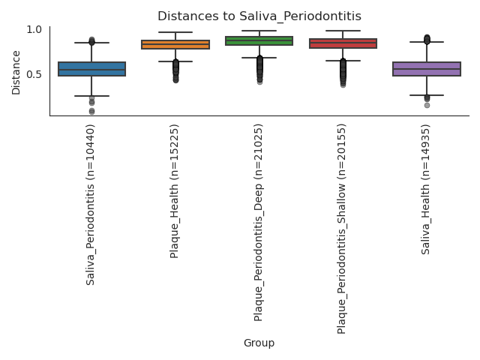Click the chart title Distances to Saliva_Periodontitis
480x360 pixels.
(x=259, y=15)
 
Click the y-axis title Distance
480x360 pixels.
(x=16, y=73)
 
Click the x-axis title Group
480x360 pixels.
(x=259, y=343)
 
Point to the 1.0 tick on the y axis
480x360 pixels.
(x=34, y=29)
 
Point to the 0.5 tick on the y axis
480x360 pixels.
(x=34, y=74)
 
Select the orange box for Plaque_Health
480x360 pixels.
(x=175, y=45)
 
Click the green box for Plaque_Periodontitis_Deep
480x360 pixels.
(x=259, y=41)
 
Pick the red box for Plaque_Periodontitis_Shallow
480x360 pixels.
(x=343, y=43)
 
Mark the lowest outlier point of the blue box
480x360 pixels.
(x=91, y=112)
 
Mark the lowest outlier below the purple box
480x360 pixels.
(x=427, y=105)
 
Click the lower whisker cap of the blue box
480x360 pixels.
(x=91, y=96)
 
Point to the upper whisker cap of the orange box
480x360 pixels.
(x=175, y=32)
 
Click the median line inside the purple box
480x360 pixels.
(x=427, y=70)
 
